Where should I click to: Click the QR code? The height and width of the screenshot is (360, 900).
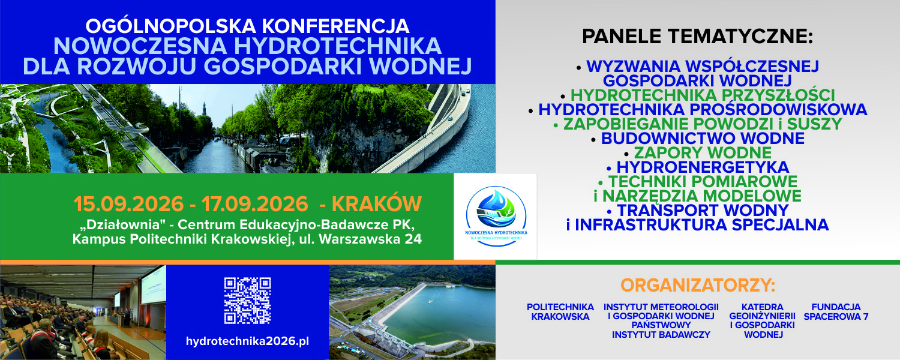click(247, 301)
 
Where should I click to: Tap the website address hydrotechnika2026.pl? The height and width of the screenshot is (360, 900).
click(247, 341)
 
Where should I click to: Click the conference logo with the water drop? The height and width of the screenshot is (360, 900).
click(496, 215)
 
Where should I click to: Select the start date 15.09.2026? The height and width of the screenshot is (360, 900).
click(128, 204)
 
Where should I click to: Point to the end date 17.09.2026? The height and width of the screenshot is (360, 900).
click(255, 204)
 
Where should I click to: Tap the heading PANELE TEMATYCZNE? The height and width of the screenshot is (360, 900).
click(697, 36)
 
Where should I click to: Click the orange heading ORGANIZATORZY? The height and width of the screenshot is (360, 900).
click(698, 285)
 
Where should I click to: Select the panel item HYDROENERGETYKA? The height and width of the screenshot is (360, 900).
click(703, 167)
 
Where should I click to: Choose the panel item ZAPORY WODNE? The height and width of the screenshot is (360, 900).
click(703, 152)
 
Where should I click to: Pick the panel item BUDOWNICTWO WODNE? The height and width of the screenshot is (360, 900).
click(703, 138)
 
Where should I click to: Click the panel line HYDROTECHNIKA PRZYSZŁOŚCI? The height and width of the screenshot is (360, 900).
click(703, 95)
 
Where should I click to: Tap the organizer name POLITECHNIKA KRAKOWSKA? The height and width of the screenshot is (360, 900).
click(560, 312)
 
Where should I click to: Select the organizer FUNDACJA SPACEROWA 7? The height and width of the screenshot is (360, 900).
click(836, 312)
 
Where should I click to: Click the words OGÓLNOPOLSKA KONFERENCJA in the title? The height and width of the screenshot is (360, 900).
click(247, 26)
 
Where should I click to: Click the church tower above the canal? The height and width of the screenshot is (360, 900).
click(204, 109)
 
